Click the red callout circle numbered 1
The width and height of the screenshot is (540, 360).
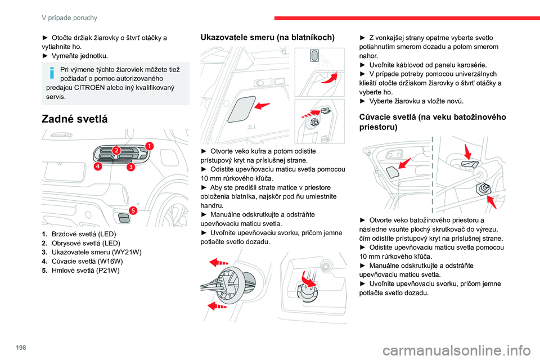tap(149, 145)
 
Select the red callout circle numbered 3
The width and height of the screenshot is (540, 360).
tap(130, 166)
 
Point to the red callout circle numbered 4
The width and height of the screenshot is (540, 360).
tap(98, 166)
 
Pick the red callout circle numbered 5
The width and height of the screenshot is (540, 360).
tap(133, 210)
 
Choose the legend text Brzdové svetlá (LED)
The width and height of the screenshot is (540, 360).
tap(83, 233)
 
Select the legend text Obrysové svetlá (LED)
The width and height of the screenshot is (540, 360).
tap(85, 243)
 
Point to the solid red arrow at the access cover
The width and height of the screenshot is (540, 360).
tap(260, 105)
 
